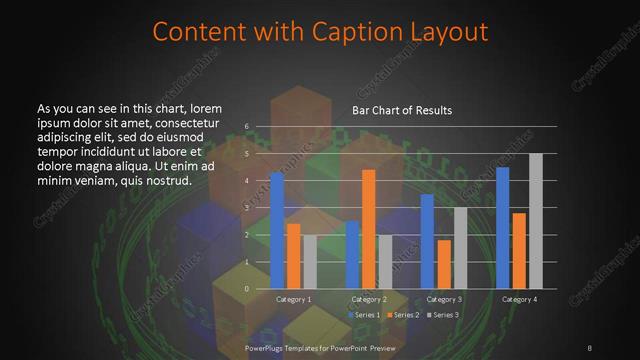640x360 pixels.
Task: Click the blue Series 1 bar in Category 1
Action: tap(277, 231)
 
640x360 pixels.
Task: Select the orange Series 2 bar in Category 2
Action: tap(368, 229)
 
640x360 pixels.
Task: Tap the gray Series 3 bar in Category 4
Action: tap(535, 221)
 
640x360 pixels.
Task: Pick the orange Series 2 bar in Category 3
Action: tap(444, 264)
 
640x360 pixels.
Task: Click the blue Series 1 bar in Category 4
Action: tap(503, 228)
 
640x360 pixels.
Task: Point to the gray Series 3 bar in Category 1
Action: tap(309, 262)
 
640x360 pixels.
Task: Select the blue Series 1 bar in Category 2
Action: tap(352, 255)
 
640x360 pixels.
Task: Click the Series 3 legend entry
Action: tap(441, 315)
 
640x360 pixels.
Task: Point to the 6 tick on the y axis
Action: tap(247, 127)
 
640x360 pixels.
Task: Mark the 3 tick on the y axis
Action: tap(247, 208)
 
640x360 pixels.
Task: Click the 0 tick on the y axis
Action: tap(247, 289)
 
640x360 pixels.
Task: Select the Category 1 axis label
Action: tap(293, 300)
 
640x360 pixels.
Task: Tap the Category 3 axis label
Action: tap(444, 300)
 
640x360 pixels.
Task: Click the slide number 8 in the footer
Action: tap(590, 347)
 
